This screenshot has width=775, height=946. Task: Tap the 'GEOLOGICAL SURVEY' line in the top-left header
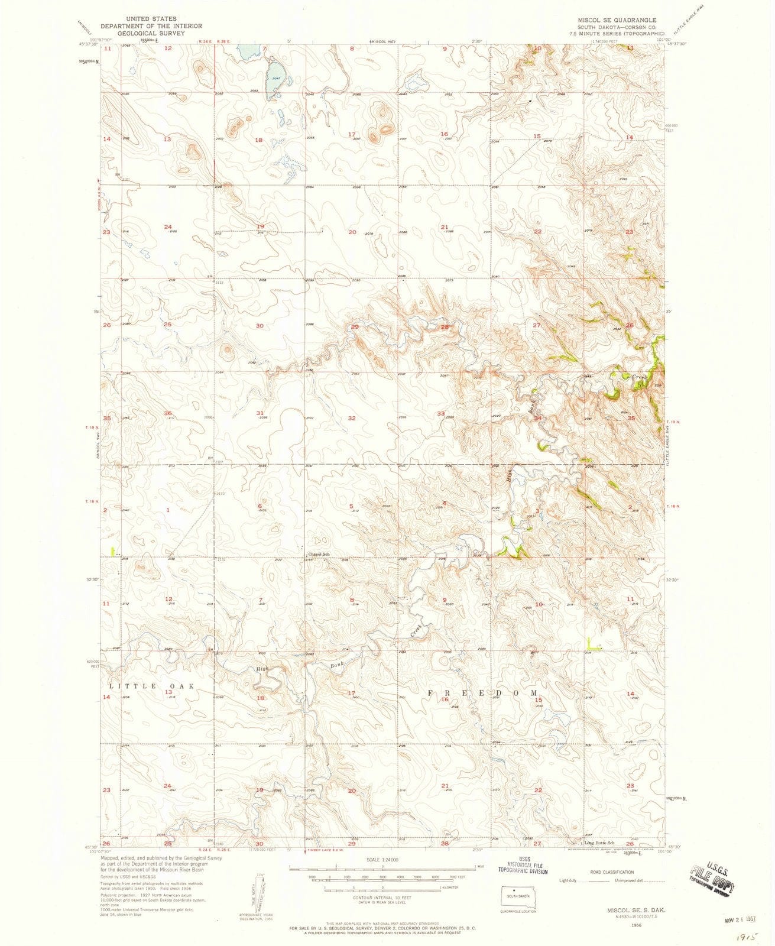click(x=151, y=33)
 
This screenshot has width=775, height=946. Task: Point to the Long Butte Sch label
click(x=598, y=843)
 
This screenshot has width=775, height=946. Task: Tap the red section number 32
click(x=352, y=418)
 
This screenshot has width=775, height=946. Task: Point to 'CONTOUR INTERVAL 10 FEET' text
click(x=382, y=896)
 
